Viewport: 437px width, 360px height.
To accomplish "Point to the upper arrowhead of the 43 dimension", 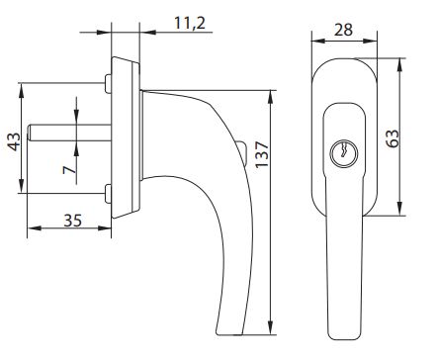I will click(22, 87).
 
